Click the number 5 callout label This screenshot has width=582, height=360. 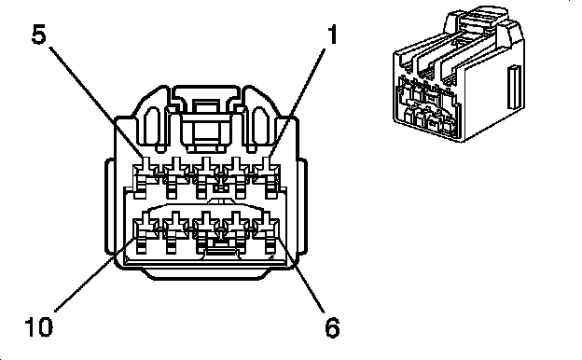coord(38,35)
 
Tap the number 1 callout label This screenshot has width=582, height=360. coord(332,35)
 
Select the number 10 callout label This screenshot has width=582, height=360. coord(38,326)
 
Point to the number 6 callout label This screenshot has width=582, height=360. coord(332,327)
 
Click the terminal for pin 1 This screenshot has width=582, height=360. coord(267,175)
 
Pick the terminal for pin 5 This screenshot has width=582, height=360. coord(145,175)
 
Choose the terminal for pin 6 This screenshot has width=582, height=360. coord(267,231)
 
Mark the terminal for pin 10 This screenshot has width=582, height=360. coord(145,231)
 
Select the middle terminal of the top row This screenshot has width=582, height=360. coord(206,175)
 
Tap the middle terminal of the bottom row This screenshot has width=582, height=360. coord(206,231)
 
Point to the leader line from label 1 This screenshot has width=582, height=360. coord(298,104)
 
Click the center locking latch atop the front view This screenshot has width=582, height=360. coord(207,118)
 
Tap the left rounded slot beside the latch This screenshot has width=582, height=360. coord(151,126)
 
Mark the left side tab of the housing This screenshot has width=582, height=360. coord(110,206)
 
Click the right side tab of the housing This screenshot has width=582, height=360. coord(302,206)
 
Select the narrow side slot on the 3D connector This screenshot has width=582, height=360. coord(514,88)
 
